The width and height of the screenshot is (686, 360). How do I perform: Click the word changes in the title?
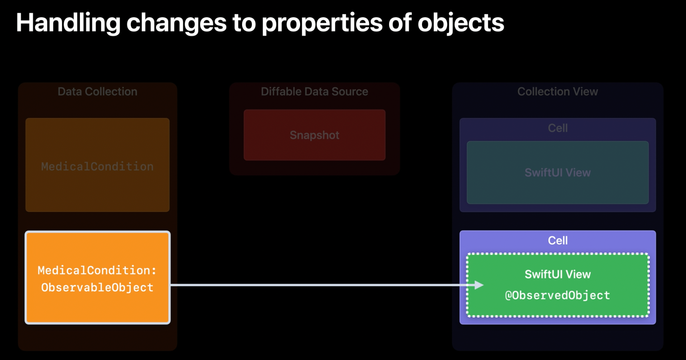[x=176, y=23]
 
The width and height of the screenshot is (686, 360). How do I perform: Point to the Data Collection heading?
[x=97, y=91]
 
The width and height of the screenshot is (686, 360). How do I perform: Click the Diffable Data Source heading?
[x=314, y=91]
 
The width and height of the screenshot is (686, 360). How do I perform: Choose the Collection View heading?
[x=558, y=91]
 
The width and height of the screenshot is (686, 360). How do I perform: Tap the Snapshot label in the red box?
[x=314, y=135]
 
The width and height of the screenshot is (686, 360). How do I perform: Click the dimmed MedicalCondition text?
[x=97, y=166]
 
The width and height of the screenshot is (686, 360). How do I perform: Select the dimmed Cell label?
[x=558, y=128]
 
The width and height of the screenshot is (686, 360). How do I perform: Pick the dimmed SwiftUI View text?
[x=558, y=172]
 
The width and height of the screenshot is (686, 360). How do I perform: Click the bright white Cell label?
[x=558, y=240]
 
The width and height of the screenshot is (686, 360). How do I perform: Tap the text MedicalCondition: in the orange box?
[x=97, y=270]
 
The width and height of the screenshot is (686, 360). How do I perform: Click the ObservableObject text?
[x=97, y=287]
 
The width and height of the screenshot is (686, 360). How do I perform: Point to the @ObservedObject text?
[x=557, y=295]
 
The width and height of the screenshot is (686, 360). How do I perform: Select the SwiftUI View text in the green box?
[x=558, y=274]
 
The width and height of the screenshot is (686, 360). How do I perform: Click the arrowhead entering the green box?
[x=479, y=285]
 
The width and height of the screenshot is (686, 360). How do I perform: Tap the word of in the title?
[x=400, y=23]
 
